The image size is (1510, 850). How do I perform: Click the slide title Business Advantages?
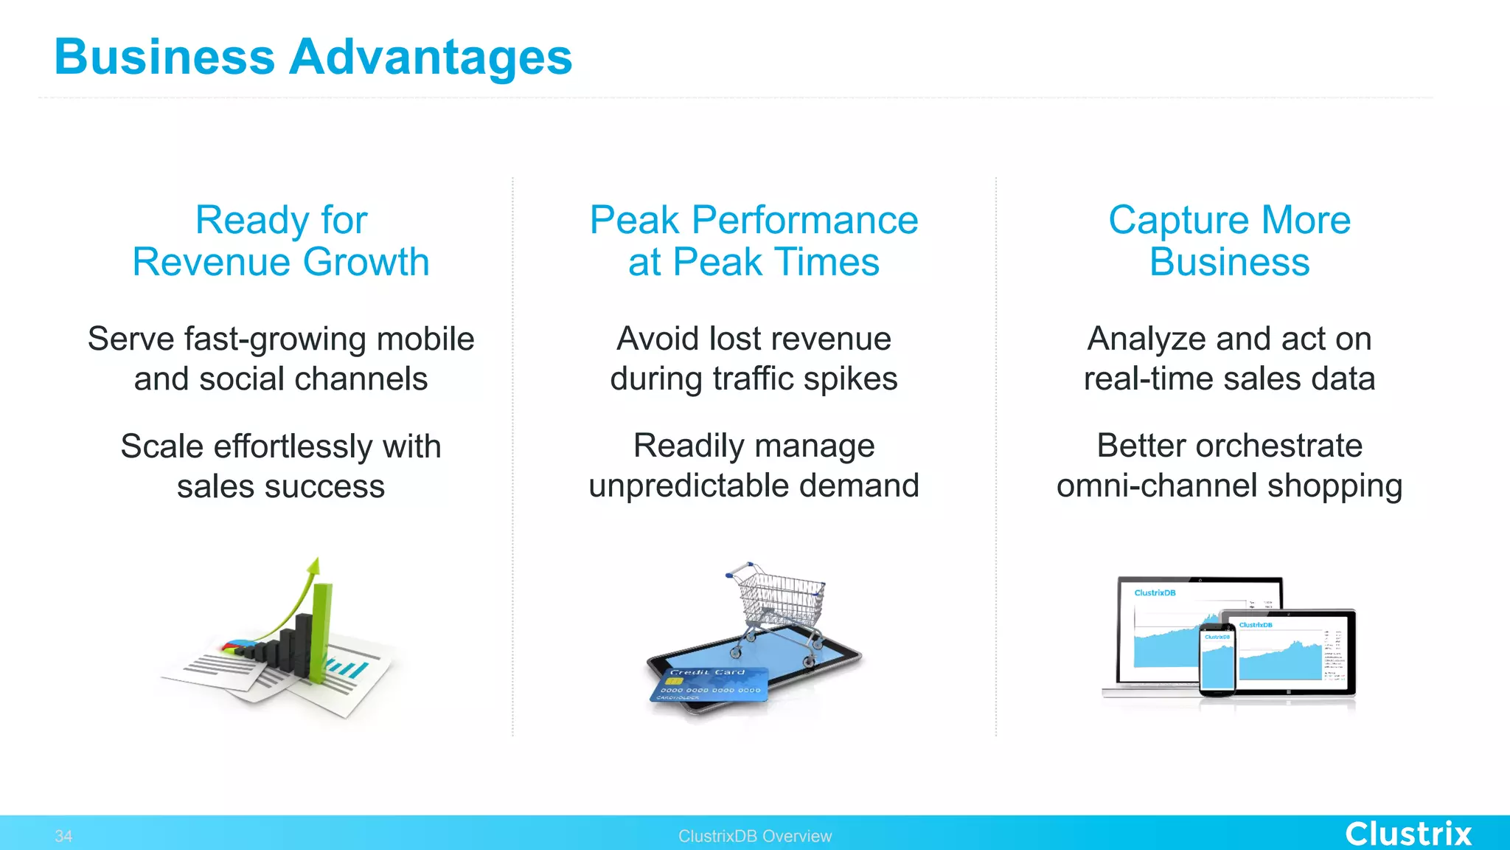[x=313, y=58]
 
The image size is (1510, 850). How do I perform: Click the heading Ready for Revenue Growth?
[x=281, y=241]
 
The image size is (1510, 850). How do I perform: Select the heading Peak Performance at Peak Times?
[x=754, y=241]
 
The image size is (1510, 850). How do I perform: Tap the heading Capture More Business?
[x=1229, y=241]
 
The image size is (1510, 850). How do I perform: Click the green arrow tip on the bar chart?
[x=315, y=565]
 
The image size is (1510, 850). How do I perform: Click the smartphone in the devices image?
[x=1217, y=659]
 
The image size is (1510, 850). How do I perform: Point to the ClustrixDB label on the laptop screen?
[x=1155, y=593]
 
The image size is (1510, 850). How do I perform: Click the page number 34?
[x=63, y=836]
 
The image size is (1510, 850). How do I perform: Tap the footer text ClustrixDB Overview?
[x=754, y=836]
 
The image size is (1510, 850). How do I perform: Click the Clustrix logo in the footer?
[x=1408, y=834]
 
